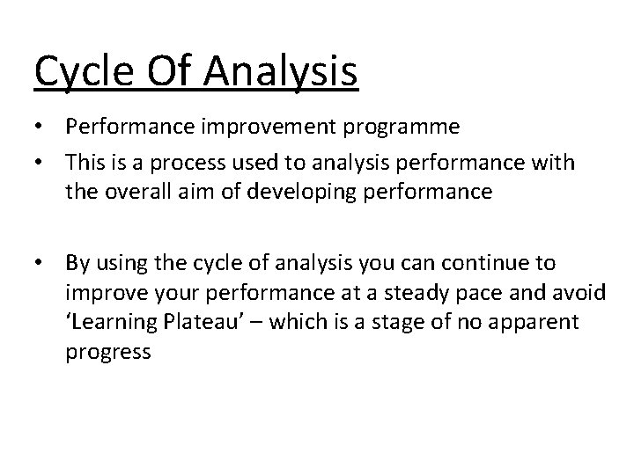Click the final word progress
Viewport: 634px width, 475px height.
[108, 352]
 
